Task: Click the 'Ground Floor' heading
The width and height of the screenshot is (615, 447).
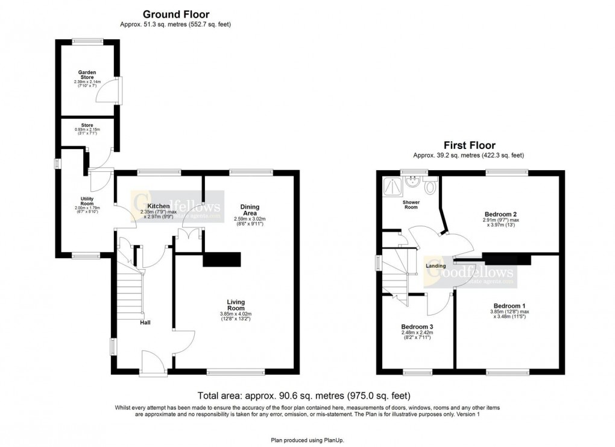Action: tap(175, 14)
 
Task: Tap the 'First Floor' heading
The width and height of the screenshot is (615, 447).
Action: tap(469, 145)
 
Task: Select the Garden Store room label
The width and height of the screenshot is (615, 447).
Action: tap(88, 75)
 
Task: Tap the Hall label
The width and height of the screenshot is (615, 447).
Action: tap(145, 322)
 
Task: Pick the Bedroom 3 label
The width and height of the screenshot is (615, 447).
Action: tap(417, 326)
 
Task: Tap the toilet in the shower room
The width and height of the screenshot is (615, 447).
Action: tap(429, 187)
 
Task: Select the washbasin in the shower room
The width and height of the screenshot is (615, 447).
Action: tap(412, 180)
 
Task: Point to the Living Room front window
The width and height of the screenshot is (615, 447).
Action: tap(235, 372)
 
